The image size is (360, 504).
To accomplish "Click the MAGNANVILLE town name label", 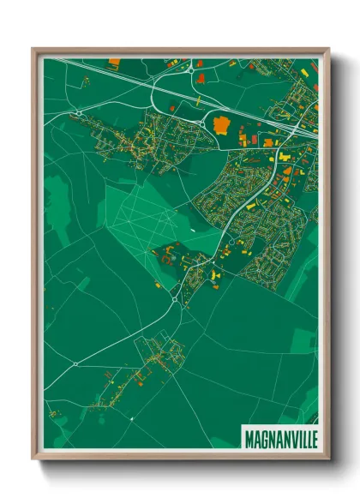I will [279, 438].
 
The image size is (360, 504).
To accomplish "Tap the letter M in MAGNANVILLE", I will [249, 438].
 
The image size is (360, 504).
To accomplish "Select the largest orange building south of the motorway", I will [222, 125].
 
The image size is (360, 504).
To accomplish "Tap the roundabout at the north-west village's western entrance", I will [76, 112].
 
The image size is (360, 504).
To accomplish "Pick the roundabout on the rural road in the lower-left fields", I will [75, 363].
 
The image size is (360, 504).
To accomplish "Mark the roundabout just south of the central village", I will [177, 300].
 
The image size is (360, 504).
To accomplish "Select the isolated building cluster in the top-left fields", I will [86, 81].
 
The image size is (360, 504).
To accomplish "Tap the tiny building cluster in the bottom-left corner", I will [53, 414].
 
